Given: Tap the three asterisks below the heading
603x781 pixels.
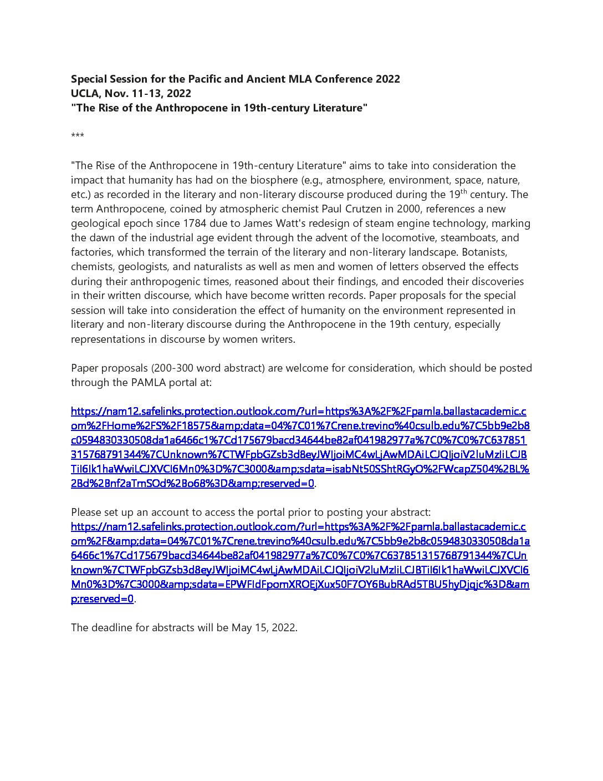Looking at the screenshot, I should (78, 136).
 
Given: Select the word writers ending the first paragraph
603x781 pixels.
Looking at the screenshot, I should (273, 339).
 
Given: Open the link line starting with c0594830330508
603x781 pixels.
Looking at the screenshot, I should (299, 440).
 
